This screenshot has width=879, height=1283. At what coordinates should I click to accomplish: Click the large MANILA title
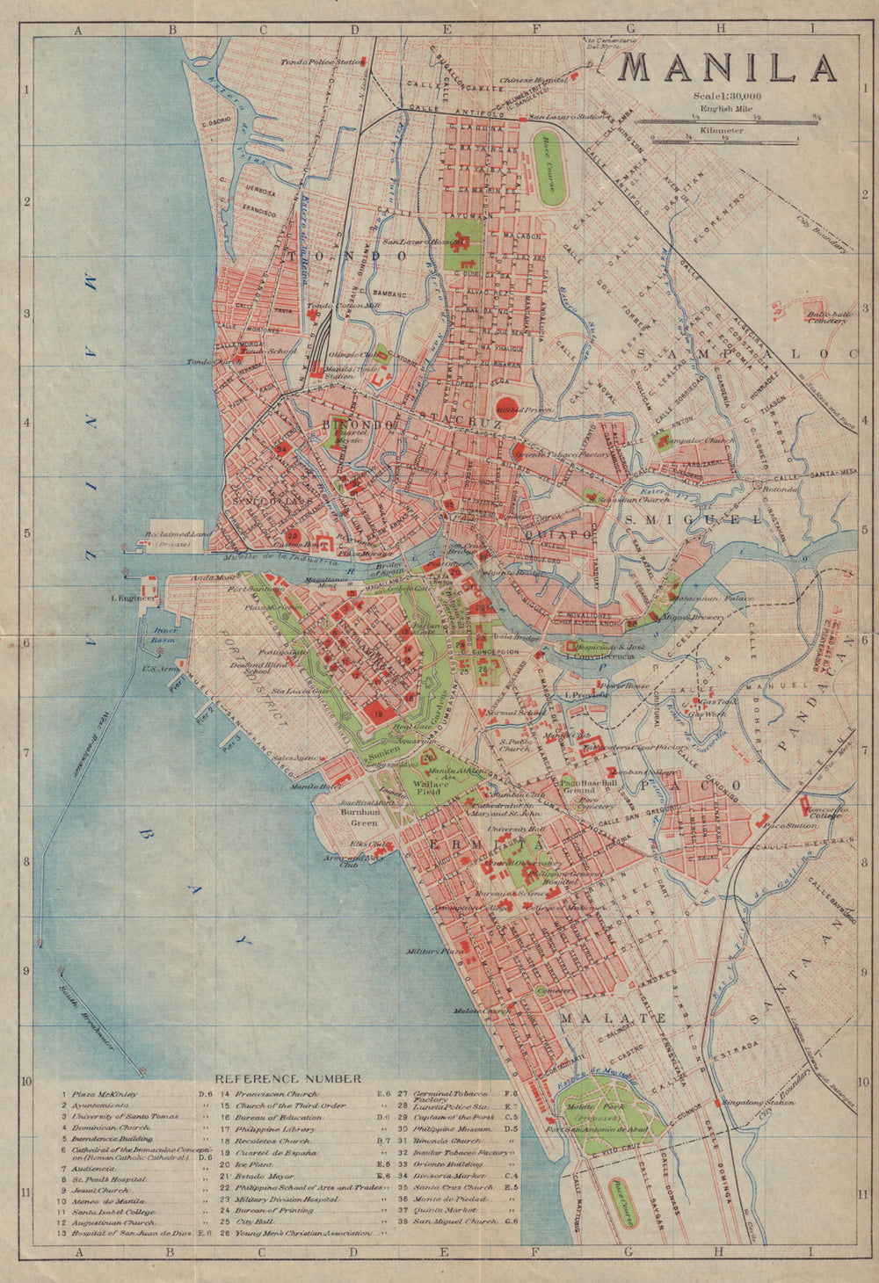click(729, 69)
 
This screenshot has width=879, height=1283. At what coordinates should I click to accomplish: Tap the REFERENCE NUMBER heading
click(287, 1078)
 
